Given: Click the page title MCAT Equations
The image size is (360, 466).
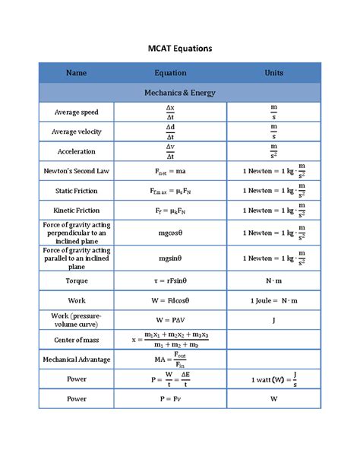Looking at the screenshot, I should pos(179,48).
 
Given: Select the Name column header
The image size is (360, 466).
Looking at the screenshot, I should pos(76,73).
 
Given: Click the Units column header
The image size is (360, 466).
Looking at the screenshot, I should pos(273,73).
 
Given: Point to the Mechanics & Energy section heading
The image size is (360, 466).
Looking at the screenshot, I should pos(180,93).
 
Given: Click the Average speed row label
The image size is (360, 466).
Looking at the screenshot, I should pos(76,113).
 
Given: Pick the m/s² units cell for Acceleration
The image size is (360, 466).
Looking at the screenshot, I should pos(273,151).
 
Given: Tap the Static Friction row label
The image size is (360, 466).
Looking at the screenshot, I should pos(76,191).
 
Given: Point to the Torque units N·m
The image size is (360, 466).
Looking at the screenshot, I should pos(273,281).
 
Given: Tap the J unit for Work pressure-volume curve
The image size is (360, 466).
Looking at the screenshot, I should pos(273,320).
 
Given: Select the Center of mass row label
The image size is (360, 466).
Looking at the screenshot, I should pos(76,340).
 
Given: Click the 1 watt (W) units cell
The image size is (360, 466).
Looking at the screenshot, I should pos(273,379).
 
